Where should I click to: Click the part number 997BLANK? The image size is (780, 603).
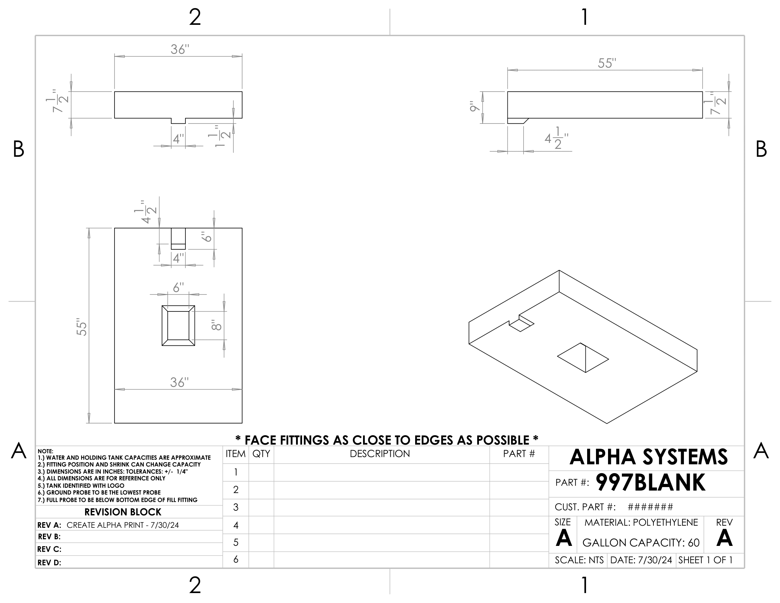pyautogui.click(x=650, y=483)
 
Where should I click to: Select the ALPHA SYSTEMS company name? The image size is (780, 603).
pyautogui.click(x=648, y=457)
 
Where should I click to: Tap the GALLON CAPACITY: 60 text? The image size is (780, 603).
pyautogui.click(x=641, y=543)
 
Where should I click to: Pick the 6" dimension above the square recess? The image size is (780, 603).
pyautogui.click(x=179, y=288)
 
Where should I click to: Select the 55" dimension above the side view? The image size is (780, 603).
pyautogui.click(x=607, y=63)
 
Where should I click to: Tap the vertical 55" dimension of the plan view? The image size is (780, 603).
pyautogui.click(x=82, y=326)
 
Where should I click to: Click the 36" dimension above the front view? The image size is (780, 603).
pyautogui.click(x=179, y=50)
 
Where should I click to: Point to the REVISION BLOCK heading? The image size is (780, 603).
pyautogui.click(x=123, y=512)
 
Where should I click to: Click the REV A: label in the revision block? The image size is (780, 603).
pyautogui.click(x=49, y=525)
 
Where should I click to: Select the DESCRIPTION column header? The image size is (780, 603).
pyautogui.click(x=380, y=454)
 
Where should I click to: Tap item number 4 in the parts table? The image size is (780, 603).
pyautogui.click(x=236, y=525)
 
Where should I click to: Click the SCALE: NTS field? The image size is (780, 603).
pyautogui.click(x=579, y=560)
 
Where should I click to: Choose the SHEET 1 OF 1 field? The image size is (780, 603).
pyautogui.click(x=705, y=560)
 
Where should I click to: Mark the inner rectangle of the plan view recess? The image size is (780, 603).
pyautogui.click(x=178, y=325)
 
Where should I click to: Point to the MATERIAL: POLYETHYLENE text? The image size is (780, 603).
pyautogui.click(x=641, y=522)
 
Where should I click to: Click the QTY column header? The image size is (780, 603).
pyautogui.click(x=261, y=454)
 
